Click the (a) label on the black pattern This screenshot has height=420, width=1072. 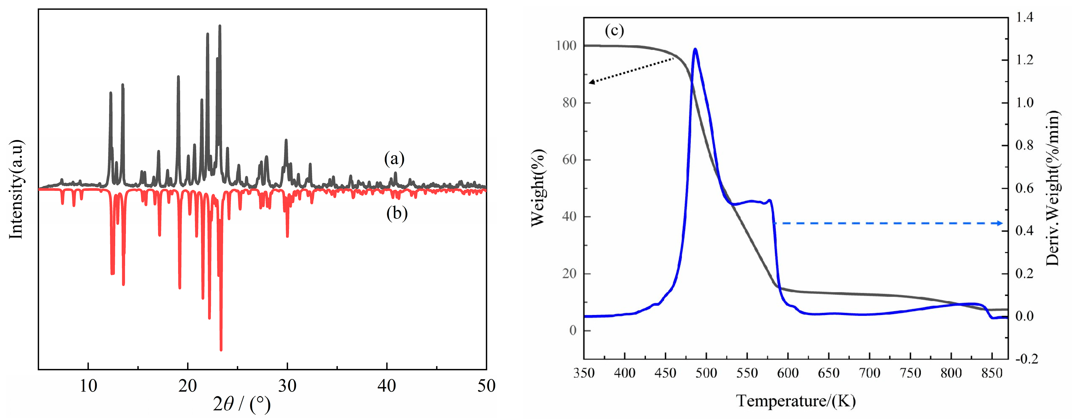394,159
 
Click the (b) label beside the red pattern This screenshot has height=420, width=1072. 397,213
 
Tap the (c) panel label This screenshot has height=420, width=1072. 614,31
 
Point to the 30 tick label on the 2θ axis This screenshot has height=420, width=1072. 287,386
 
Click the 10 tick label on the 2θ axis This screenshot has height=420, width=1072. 88,386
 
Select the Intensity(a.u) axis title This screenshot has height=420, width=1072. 16,189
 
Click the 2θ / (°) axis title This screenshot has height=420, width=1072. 242,404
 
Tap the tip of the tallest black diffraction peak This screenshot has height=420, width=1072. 220,26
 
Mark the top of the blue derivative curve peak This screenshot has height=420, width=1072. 695,49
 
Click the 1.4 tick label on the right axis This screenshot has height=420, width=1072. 1024,17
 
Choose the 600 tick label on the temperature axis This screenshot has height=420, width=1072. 788,373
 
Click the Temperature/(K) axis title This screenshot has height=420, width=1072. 796,401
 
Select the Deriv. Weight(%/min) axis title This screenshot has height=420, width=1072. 1053,188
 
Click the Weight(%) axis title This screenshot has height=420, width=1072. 537,188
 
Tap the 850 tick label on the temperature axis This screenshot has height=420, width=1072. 992,373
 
